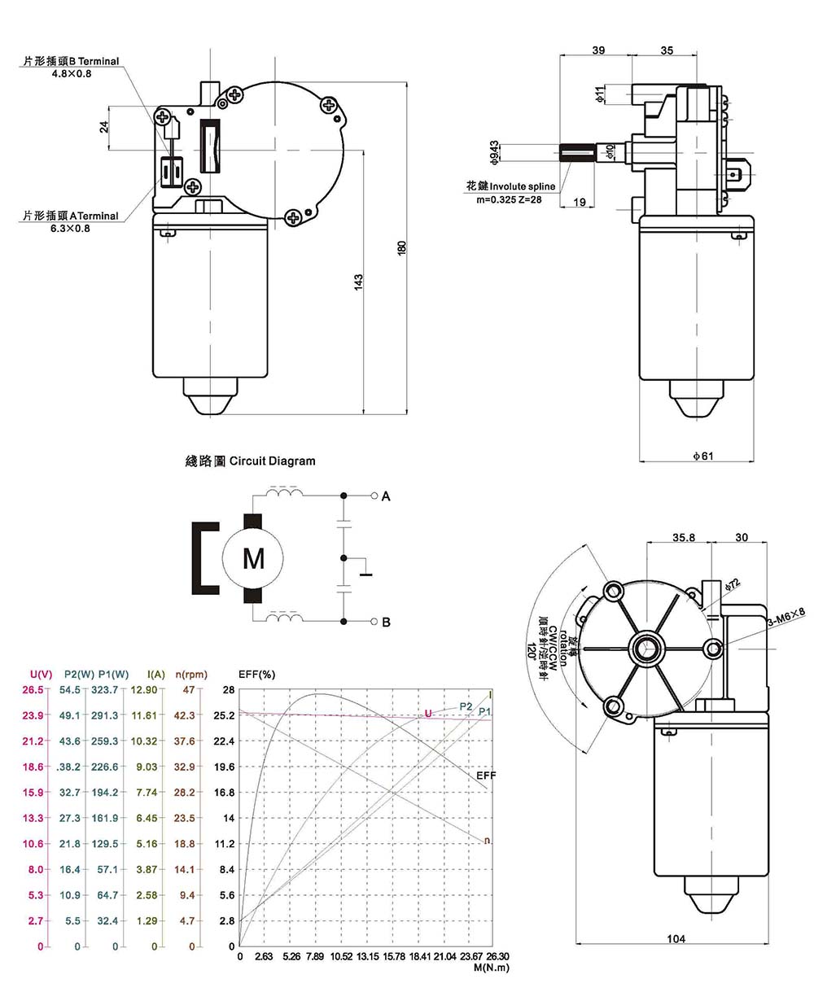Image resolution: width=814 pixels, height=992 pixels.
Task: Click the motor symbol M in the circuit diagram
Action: point(254,559)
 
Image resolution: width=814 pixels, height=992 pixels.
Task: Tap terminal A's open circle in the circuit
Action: point(374,496)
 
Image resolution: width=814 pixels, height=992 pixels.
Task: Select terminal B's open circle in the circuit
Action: point(374,622)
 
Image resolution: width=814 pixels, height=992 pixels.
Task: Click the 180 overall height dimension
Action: point(401,247)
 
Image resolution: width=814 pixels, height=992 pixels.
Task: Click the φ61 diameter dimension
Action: point(702,456)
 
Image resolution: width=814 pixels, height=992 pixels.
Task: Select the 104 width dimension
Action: point(676,938)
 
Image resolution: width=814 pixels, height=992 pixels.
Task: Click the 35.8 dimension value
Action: point(684,537)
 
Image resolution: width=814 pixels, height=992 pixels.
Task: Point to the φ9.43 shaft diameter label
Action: point(493,151)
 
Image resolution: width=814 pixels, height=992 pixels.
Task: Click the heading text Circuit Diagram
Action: point(272,461)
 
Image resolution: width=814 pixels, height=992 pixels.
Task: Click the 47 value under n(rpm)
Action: point(190,690)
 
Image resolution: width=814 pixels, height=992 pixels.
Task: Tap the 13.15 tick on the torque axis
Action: point(368,956)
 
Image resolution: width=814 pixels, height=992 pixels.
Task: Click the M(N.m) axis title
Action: point(490,968)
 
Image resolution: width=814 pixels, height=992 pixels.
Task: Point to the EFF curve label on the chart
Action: point(485,776)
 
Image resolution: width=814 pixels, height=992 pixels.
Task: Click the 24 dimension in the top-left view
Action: point(104,127)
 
